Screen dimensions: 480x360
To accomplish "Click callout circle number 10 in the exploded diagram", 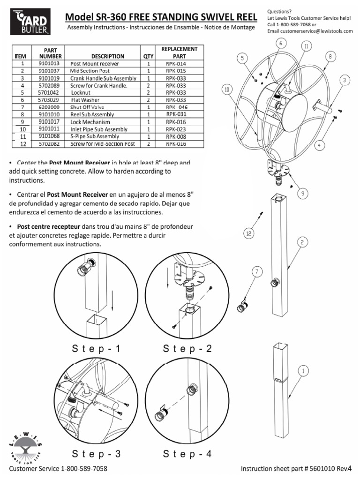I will pos(227,89).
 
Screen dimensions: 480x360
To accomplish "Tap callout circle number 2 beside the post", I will pos(303,242).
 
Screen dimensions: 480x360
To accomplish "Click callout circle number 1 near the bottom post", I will pos(303,370).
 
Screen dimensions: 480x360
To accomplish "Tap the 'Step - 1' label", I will pos(97,349).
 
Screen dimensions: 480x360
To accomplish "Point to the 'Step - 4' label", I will pos(187,454).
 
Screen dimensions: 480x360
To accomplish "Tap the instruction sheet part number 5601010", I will pos(326,469).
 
